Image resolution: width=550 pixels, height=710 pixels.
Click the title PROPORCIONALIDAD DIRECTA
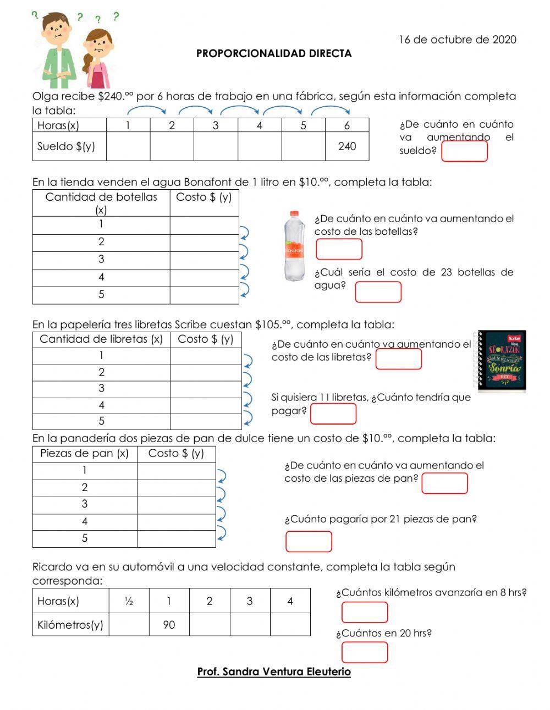274,54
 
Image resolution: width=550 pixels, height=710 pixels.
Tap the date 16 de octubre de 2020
457,40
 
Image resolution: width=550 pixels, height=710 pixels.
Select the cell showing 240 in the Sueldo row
347,146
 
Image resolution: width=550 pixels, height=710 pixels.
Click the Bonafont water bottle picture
294,246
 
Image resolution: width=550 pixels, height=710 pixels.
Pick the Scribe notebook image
502,361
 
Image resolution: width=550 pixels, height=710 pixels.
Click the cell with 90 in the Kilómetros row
169,625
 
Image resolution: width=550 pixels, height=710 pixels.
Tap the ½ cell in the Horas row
129,601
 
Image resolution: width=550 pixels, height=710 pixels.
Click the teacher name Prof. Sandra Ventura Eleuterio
274,672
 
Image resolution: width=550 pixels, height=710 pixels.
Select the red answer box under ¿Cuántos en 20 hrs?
365,652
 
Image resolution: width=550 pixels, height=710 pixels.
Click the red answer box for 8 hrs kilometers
365,612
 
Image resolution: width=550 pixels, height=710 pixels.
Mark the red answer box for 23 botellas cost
378,292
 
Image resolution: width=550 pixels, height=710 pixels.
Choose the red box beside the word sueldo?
465,151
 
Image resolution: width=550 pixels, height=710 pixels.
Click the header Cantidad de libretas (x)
101,339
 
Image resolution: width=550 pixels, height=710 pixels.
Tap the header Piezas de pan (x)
84,454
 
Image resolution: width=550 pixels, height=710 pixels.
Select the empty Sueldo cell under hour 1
128,146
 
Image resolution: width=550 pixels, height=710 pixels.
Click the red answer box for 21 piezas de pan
309,541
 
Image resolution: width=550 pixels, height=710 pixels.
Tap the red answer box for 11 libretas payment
333,414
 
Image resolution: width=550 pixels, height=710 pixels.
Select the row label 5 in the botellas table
101,295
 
